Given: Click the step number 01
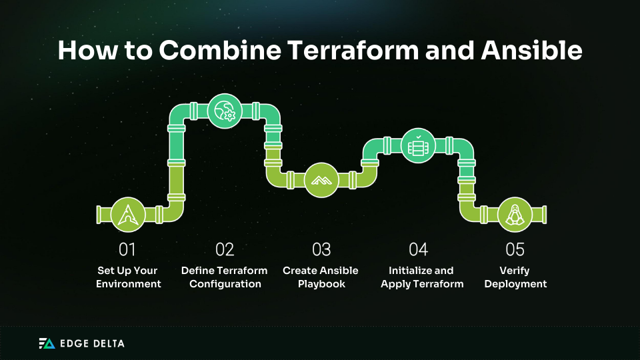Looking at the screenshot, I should point(127,250).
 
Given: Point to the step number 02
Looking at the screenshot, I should point(225,250).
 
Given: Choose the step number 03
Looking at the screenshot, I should point(321,250).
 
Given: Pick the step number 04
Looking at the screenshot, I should point(418,250).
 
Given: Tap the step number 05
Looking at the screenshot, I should point(515,250).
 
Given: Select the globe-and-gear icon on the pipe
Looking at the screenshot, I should point(225,111).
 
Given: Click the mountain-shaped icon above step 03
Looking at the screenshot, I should point(321,180).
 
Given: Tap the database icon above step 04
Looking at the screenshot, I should point(418,145).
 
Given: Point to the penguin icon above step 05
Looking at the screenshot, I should point(515,214).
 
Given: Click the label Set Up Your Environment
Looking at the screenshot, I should point(128,277).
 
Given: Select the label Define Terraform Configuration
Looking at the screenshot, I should point(225,277).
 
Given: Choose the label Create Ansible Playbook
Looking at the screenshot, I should point(321,277).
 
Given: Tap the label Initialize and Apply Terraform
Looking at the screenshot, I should point(421,277).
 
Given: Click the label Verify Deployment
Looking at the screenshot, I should point(515,277).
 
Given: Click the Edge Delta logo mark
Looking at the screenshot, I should point(46,343).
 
